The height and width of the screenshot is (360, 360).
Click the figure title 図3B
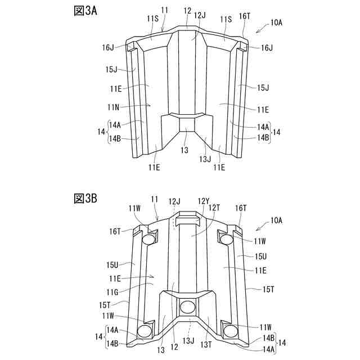tap(86, 198)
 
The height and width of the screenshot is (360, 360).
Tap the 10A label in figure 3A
tap(276, 22)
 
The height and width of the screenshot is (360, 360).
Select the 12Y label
tap(204, 201)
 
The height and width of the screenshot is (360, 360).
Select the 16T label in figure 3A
tap(245, 17)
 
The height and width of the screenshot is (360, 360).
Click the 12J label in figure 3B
tap(174, 201)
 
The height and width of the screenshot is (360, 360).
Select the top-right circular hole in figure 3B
tap(227, 240)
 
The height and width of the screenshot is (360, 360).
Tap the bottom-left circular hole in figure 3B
tap(144, 328)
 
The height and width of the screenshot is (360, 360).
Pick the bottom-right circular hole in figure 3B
tap(229, 328)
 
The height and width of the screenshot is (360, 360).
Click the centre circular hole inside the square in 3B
tap(186, 307)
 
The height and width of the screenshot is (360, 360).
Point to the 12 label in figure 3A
tap(187, 10)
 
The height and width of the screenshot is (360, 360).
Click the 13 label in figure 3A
tap(184, 150)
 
